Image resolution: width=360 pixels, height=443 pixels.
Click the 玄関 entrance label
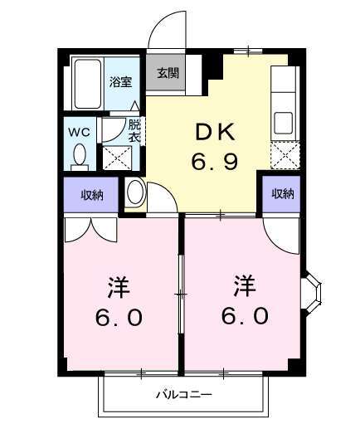point(168,73)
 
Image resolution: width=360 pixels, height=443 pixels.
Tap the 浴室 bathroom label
point(121,81)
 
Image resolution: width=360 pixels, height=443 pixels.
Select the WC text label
point(79,132)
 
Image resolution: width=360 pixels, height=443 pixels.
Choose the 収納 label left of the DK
point(91,195)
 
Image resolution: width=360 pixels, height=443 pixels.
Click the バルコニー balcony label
point(184,395)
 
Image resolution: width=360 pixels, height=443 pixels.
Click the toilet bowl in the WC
point(79,155)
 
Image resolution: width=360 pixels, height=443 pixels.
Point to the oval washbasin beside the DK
point(135,194)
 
